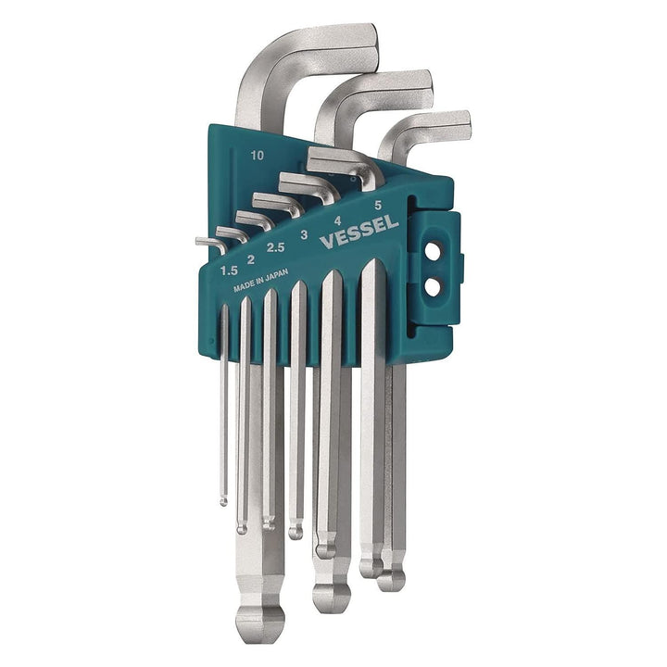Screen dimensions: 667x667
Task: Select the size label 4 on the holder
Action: pos(336,220)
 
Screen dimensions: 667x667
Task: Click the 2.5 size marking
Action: pos(275,247)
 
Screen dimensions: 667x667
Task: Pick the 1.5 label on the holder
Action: pos(231,270)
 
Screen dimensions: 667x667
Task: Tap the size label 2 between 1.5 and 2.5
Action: pos(250,259)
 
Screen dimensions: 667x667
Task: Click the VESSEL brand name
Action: pos(359,233)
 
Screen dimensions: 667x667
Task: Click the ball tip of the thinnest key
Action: pos(223,501)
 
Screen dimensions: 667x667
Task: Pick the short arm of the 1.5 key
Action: pos(208,244)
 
